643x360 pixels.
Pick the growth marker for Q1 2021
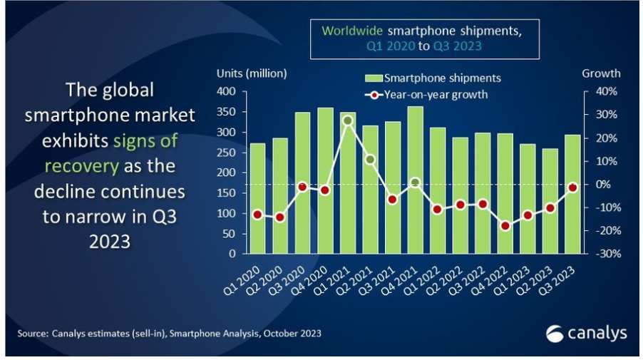348,120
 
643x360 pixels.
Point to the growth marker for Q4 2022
505,226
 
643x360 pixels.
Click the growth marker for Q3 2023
572,187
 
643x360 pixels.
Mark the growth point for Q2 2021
370,159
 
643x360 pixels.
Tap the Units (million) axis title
251,73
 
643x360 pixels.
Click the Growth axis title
601,73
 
